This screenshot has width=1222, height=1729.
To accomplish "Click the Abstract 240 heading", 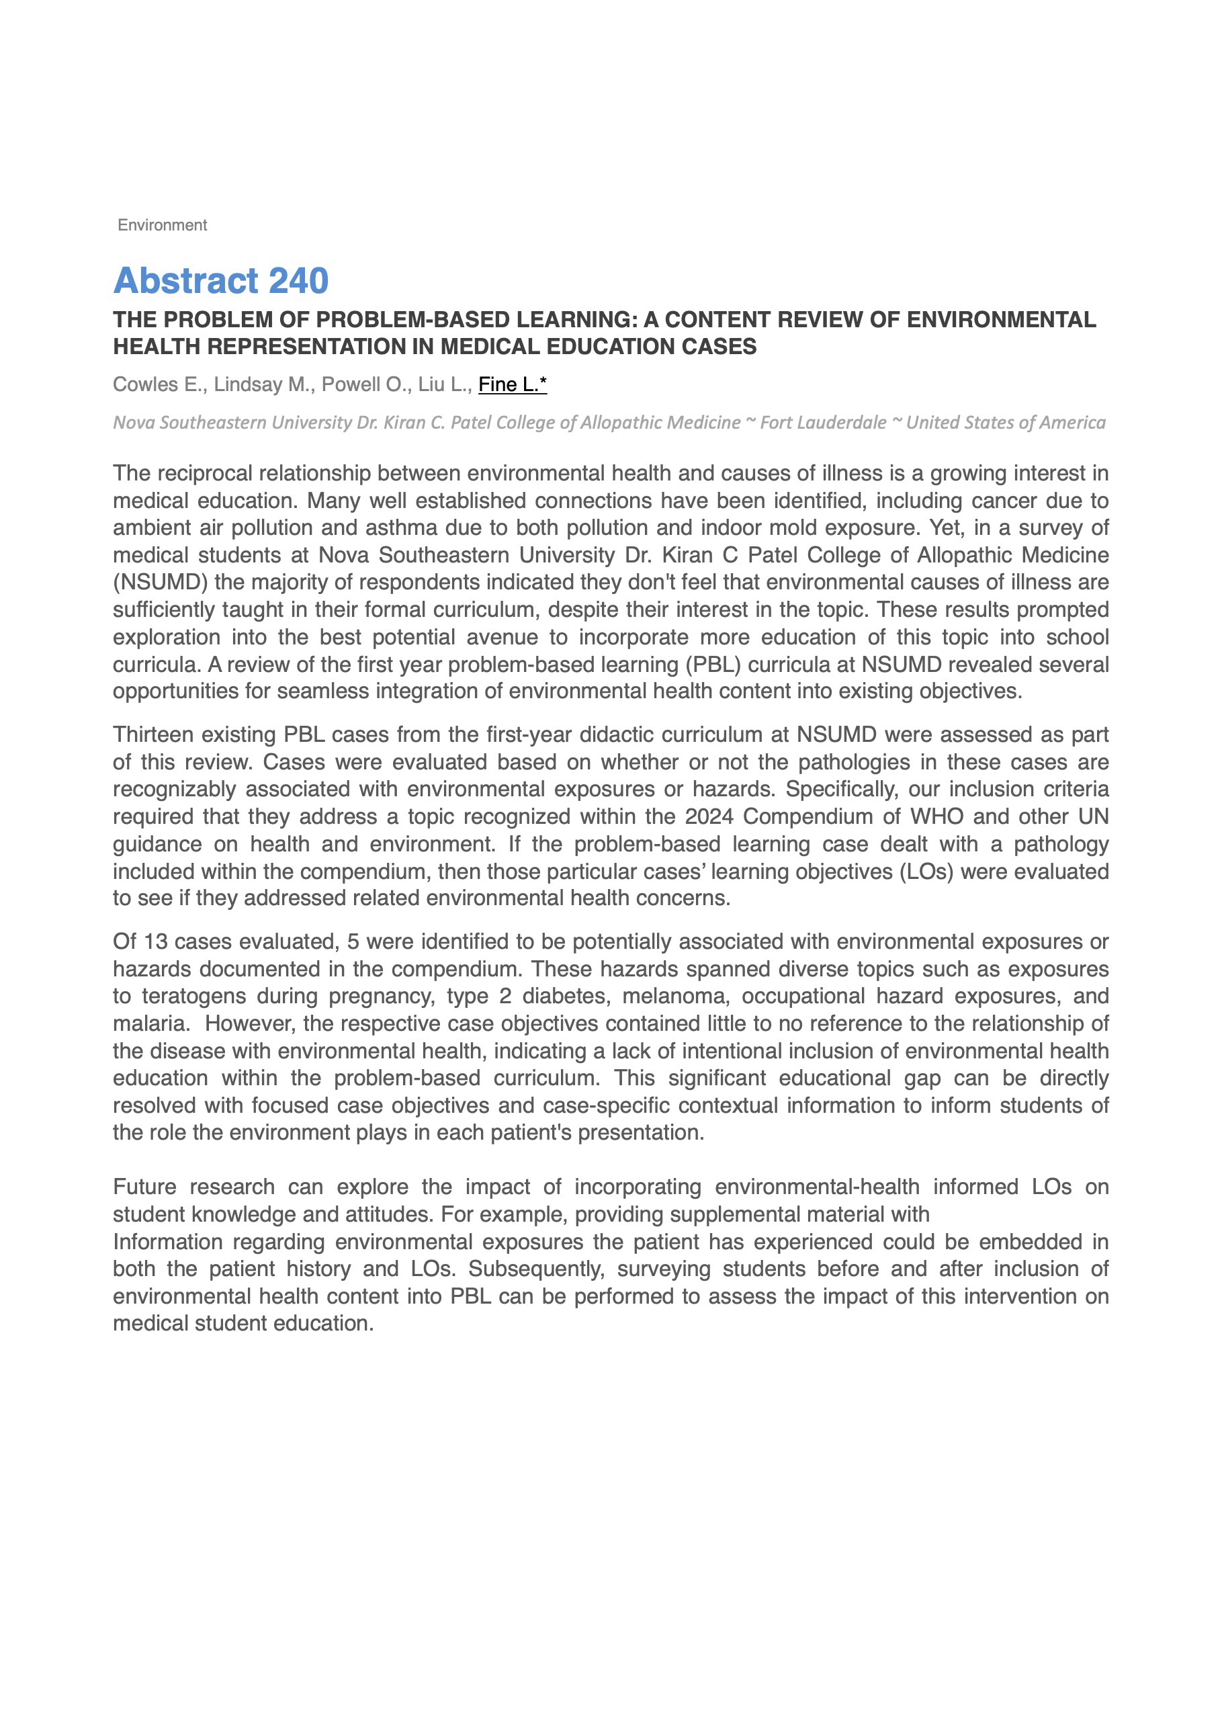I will coord(220,281).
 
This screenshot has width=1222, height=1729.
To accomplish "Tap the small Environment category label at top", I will coord(162,225).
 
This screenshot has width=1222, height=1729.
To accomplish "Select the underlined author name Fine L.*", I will coord(512,384).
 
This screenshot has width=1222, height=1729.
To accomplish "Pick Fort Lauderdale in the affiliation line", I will coord(822,423).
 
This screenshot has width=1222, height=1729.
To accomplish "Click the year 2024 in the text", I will coord(709,816).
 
